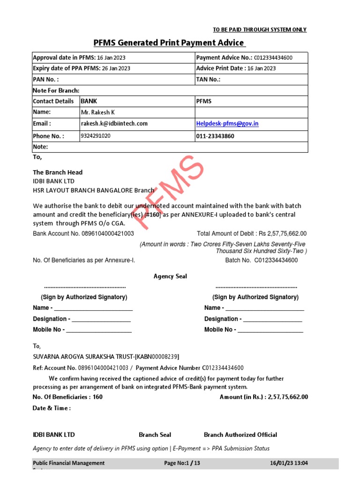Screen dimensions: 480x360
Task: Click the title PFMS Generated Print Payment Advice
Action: (x=169, y=43)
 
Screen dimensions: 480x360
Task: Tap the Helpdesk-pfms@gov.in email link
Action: (x=227, y=124)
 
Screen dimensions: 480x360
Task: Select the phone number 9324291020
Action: (x=96, y=136)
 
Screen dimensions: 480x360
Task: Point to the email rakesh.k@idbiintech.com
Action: (x=114, y=124)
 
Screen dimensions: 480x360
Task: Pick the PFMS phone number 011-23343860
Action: (x=216, y=136)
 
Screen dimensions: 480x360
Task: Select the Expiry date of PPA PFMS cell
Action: (x=82, y=68)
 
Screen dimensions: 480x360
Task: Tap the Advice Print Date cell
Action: (x=236, y=68)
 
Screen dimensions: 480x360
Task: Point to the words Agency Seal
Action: (x=170, y=277)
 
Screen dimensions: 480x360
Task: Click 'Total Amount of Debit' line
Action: (x=252, y=233)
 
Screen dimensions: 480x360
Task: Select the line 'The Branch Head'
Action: (x=58, y=172)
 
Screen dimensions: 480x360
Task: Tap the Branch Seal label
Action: (x=155, y=435)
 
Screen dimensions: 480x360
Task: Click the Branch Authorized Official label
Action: (x=240, y=435)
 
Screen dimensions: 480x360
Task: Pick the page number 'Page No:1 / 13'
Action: (x=182, y=463)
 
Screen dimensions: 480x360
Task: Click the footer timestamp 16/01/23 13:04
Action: (x=289, y=463)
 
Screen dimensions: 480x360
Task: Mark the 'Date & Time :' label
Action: (x=52, y=408)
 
